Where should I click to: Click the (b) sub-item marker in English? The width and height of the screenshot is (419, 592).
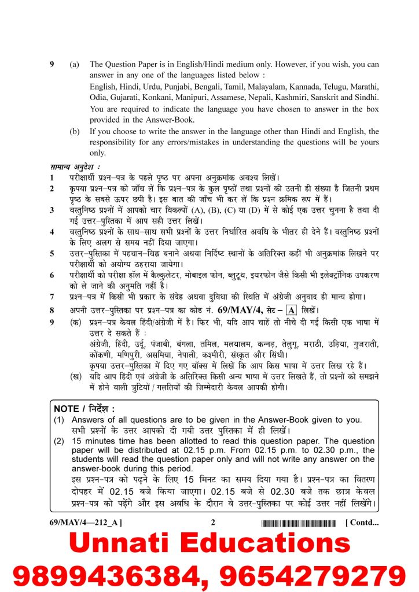pos(75,131)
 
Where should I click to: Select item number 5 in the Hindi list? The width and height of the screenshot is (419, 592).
pos(52,253)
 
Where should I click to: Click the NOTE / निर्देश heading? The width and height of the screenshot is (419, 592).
pos(84,409)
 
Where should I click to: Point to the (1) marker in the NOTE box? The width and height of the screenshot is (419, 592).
pos(59,420)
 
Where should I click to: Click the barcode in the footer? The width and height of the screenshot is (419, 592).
pos(298,524)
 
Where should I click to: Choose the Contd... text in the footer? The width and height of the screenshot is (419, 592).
pos(362,523)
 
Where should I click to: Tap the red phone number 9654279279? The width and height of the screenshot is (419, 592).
pos(311,576)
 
